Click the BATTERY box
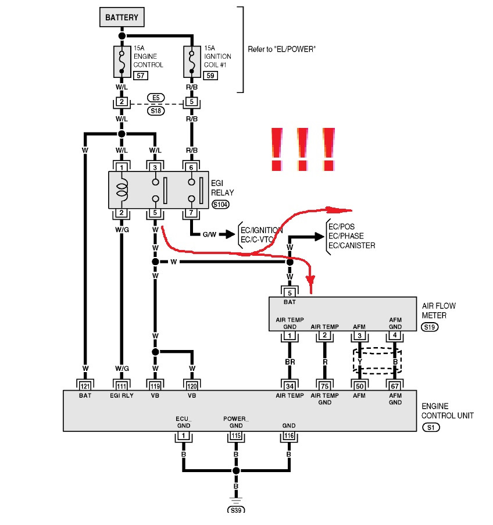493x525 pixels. point(122,17)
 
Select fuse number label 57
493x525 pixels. point(141,76)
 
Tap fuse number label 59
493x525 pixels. point(210,76)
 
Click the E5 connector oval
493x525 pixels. point(156,98)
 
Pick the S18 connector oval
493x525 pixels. point(156,111)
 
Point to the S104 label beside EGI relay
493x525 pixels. point(221,204)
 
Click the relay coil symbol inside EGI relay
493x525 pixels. point(122,190)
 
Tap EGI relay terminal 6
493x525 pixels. point(191,167)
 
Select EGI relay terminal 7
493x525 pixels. point(191,213)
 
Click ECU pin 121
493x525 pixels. point(85,386)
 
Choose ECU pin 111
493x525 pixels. point(122,386)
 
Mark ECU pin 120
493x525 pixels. point(192,386)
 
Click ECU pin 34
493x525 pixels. point(290,386)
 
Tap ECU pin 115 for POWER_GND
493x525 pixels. point(236,435)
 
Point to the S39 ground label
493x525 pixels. point(236,510)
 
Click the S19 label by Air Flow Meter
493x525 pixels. point(430,327)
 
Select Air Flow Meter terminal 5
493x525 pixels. point(290,292)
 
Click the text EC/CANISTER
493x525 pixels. point(352,245)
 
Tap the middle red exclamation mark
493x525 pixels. point(302,149)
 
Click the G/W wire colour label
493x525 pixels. point(209,234)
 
